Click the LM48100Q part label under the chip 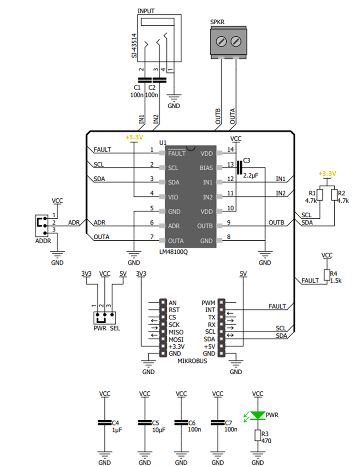point(173,252)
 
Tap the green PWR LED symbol point(257,415)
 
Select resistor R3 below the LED point(257,435)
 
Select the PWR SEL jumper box point(105,318)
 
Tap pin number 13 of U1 point(229,165)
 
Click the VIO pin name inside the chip point(173,197)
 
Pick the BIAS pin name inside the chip point(207,167)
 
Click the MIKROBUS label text point(192,362)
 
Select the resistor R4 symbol point(326,275)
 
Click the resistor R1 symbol point(320,194)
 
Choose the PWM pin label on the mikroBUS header point(208,302)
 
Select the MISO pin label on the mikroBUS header point(177,332)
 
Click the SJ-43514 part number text point(134,46)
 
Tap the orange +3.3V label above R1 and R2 point(327,174)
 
